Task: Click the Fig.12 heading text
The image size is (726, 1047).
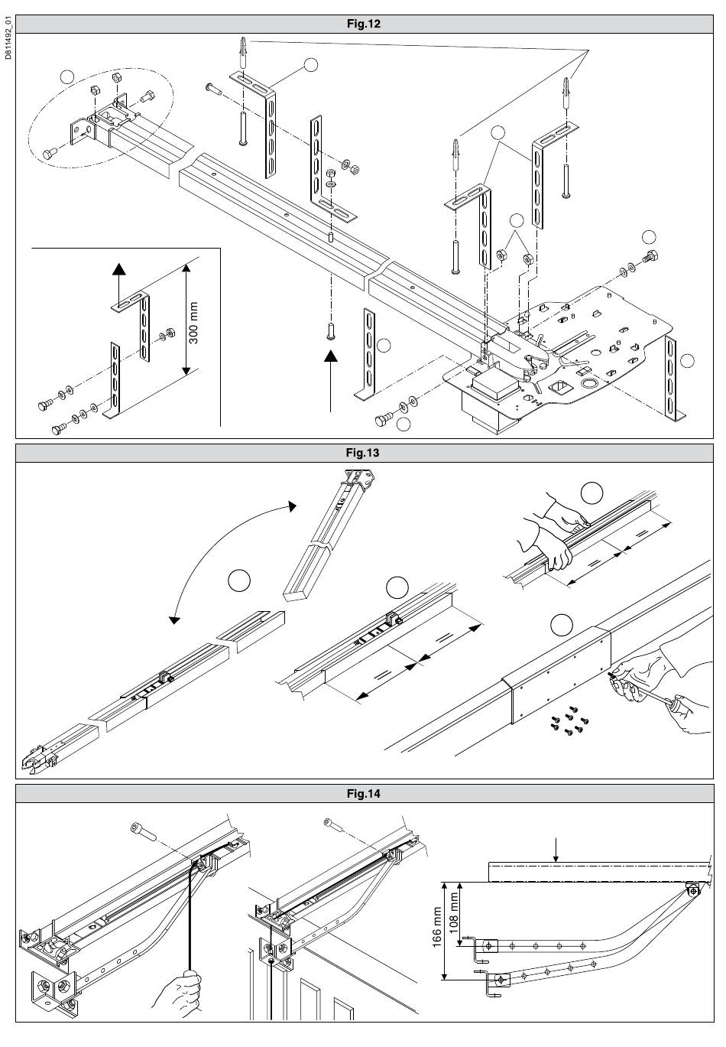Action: (363, 24)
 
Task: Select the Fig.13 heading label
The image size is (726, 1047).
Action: (363, 453)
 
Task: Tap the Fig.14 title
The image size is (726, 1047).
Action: (363, 793)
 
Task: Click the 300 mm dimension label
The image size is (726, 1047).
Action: (193, 322)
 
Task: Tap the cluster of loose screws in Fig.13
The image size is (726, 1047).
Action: (566, 720)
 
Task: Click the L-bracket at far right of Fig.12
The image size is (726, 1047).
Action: (673, 379)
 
